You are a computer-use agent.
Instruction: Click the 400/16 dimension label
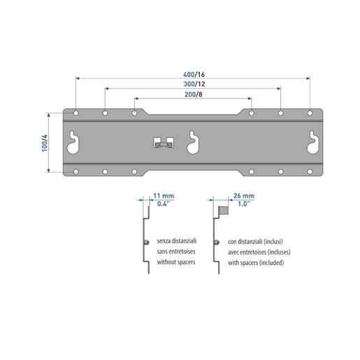[194, 74]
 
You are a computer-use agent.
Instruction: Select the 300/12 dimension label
[194, 84]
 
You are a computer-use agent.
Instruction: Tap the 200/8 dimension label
[194, 94]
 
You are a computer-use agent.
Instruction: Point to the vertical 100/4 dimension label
[44, 143]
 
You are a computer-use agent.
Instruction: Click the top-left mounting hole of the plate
[75, 113]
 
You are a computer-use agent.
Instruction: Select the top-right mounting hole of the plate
[310, 113]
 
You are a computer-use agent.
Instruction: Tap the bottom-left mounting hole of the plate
[75, 172]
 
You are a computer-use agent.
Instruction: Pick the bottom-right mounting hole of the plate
[310, 172]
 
